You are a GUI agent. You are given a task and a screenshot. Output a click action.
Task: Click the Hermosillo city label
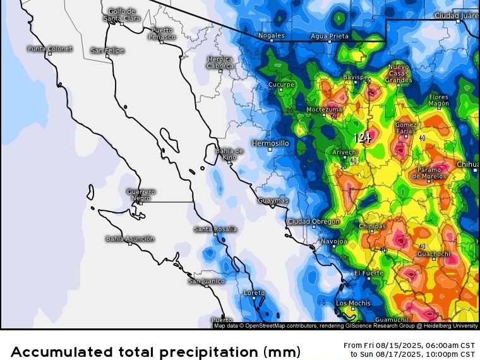270,143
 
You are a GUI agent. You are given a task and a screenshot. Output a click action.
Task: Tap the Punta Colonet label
50,49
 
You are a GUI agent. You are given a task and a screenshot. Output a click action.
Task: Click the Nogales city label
271,35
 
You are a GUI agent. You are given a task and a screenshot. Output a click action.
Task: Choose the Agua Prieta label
329,36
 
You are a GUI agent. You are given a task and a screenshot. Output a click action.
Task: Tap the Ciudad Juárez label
456,15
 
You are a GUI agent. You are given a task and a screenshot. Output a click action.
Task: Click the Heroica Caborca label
220,62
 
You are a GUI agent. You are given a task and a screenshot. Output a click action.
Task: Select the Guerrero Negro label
141,195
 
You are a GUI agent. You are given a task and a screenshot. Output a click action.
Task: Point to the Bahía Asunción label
129,238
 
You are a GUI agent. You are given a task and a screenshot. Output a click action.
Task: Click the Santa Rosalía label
215,229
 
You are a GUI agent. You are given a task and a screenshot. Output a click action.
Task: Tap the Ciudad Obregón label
313,222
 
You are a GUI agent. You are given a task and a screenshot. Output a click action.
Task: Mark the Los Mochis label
353,303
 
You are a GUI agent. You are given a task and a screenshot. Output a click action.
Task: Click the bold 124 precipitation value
363,137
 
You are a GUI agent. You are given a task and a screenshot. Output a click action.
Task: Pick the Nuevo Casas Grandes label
399,73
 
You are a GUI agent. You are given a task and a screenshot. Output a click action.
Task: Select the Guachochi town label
434,254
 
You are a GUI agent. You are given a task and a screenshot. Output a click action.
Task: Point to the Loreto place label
255,292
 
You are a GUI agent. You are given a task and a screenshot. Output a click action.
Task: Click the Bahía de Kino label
229,153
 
